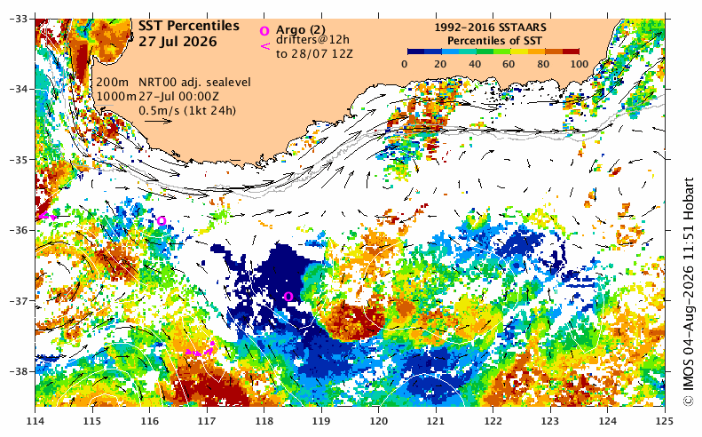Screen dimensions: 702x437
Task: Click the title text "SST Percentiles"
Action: pyautogui.click(x=188, y=26)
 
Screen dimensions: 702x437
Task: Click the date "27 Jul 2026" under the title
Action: pyautogui.click(x=177, y=42)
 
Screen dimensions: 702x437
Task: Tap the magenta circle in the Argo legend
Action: pyautogui.click(x=264, y=31)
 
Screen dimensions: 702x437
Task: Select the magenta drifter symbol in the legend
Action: pyautogui.click(x=265, y=45)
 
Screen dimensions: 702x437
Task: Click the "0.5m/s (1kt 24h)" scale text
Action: pyautogui.click(x=187, y=110)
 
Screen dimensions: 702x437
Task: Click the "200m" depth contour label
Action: pyautogui.click(x=113, y=83)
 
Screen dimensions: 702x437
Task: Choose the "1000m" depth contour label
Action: pyautogui.click(x=116, y=96)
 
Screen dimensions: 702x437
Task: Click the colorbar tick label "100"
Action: pyautogui.click(x=580, y=64)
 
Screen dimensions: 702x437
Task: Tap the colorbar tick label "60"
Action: pyautogui.click(x=509, y=64)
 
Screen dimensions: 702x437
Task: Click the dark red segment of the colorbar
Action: pyautogui.click(x=571, y=52)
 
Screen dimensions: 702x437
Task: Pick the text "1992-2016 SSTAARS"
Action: pyautogui.click(x=490, y=28)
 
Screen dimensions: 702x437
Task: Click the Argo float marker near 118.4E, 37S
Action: pyautogui.click(x=288, y=297)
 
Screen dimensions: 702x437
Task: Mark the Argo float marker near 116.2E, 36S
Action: pyautogui.click(x=162, y=220)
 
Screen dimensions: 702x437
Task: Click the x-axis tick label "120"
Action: pyautogui.click(x=379, y=421)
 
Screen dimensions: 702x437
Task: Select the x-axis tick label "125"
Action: pyautogui.click(x=665, y=421)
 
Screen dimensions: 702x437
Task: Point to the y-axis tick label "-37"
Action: pyautogui.click(x=19, y=301)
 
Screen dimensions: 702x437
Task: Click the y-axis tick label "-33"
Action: pyautogui.click(x=19, y=19)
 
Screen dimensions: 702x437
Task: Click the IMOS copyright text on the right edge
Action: pyautogui.click(x=689, y=292)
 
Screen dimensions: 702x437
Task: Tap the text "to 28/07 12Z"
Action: pyautogui.click(x=314, y=54)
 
